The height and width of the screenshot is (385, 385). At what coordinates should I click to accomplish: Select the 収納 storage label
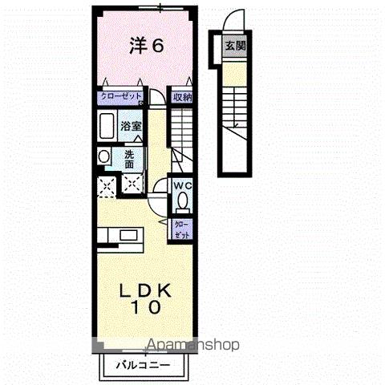pos(182,97)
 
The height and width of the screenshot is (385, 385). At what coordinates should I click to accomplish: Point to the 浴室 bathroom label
pos(131,126)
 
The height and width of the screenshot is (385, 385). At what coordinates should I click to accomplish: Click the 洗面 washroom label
pos(130,158)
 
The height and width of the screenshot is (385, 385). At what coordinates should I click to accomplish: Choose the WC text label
pos(183,185)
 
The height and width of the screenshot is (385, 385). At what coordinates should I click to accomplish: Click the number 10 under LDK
pos(145,306)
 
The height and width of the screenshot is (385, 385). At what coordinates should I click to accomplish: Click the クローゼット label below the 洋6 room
pos(120,97)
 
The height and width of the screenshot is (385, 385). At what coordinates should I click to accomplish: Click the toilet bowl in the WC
pos(183,201)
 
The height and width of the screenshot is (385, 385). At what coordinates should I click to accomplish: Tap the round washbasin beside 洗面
pos(103,157)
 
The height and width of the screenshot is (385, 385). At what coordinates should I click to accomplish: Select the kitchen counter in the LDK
pos(120,236)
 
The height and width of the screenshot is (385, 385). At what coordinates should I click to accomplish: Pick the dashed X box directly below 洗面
pos(131,185)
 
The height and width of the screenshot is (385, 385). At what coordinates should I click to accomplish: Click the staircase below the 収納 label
pos(184,128)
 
